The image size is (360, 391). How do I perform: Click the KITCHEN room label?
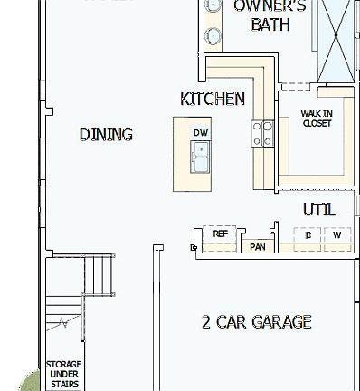point(213,99)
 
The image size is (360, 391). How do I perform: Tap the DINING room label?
point(106,134)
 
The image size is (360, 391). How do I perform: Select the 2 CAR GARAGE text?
point(256,321)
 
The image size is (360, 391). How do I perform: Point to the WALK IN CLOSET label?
point(317,119)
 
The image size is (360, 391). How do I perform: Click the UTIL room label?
point(318,209)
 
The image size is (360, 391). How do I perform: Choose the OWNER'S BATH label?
point(270,15)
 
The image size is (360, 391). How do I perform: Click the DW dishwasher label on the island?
point(200,133)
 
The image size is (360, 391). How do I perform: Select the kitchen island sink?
point(200,159)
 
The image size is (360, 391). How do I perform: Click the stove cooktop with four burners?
point(262,134)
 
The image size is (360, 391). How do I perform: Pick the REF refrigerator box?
point(220,234)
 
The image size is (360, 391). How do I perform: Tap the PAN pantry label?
point(257,246)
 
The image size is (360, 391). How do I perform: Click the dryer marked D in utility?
point(308,235)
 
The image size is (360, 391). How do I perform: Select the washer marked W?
point(336,235)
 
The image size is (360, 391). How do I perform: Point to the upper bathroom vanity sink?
point(213,7)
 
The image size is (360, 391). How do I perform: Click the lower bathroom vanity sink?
point(213,36)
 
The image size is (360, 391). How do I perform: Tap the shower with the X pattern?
point(341,36)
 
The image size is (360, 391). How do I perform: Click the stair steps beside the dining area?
point(99,271)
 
